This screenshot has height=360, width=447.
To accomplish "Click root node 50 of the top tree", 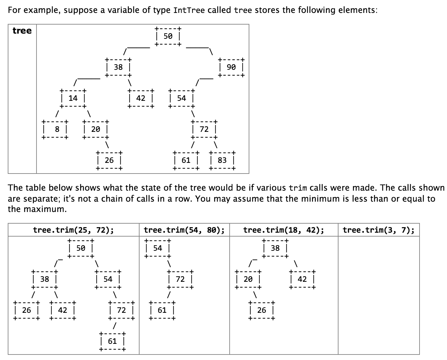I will click(168, 36).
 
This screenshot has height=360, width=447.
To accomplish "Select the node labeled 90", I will click(231, 67).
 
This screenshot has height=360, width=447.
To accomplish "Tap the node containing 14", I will click(73, 98).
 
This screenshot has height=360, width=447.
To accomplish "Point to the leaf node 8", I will click(57, 129).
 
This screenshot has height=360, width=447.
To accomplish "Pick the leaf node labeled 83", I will click(222, 160).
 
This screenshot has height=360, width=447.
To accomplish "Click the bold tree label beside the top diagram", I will click(22, 31).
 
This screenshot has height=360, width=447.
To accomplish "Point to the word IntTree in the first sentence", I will click(189, 10).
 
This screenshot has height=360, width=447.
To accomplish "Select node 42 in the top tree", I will click(141, 98).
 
